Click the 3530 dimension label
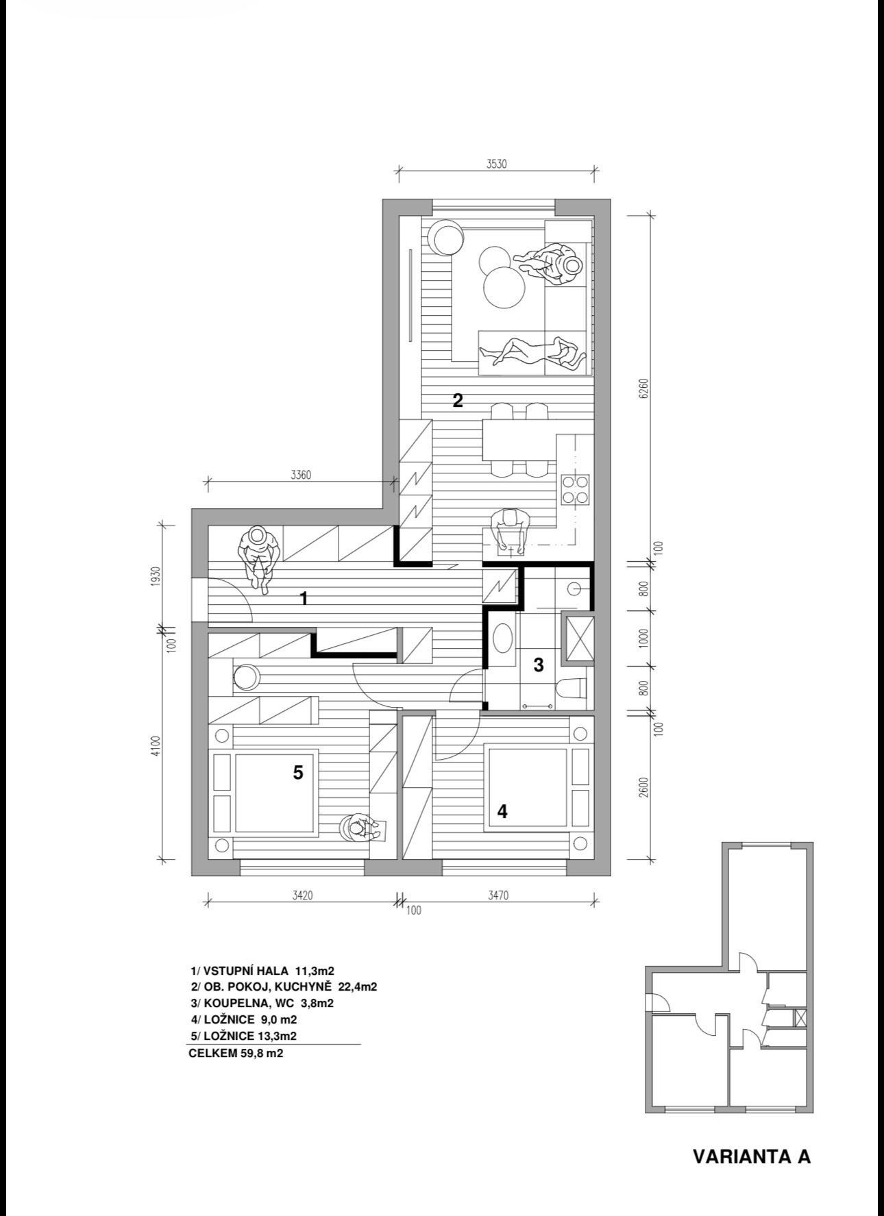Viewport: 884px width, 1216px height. pyautogui.click(x=496, y=164)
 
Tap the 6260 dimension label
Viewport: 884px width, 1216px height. pyautogui.click(x=643, y=388)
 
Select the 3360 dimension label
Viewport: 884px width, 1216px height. pyautogui.click(x=301, y=475)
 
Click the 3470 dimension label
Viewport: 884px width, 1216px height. pyautogui.click(x=498, y=895)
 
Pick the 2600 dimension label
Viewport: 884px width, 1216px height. pyautogui.click(x=643, y=788)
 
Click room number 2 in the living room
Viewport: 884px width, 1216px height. pyautogui.click(x=458, y=400)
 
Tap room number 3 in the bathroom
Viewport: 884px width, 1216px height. pyautogui.click(x=539, y=664)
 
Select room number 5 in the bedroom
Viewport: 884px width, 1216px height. pyautogui.click(x=297, y=773)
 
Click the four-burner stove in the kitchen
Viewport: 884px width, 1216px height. pyautogui.click(x=576, y=489)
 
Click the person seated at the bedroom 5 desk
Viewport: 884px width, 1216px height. pyautogui.click(x=360, y=828)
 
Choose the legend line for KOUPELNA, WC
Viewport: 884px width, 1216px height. pyautogui.click(x=262, y=1003)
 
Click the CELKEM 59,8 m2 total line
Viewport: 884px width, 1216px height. pyautogui.click(x=236, y=1053)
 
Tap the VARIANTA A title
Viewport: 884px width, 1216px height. pyautogui.click(x=752, y=1156)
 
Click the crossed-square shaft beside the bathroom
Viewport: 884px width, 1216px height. pyautogui.click(x=578, y=638)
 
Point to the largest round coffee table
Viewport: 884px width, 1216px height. pyautogui.click(x=505, y=288)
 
